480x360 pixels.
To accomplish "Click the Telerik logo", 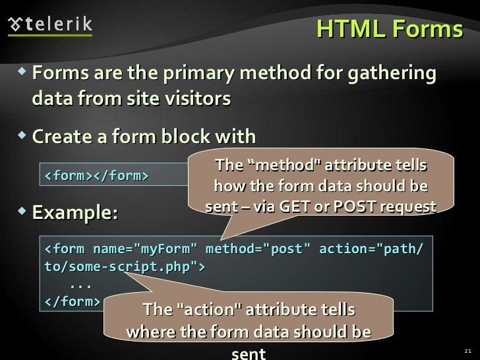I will point(50,24).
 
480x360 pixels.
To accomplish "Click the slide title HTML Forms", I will point(389,29).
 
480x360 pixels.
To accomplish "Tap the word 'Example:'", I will point(75,213).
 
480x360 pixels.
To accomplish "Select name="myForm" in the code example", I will point(145,249).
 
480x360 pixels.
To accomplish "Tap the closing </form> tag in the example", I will point(73,302).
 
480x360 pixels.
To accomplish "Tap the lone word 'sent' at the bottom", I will point(249,353).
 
